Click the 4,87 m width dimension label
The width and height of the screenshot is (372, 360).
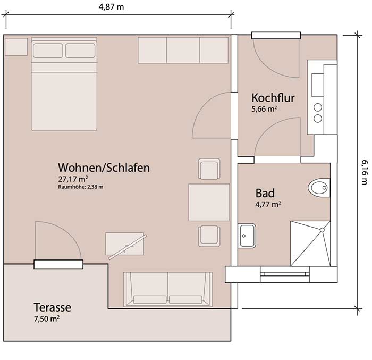click(x=111, y=7)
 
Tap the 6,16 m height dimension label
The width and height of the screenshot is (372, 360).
click(x=365, y=172)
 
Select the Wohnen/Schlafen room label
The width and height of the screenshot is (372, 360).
click(x=104, y=168)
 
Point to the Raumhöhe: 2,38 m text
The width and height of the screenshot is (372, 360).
click(x=81, y=187)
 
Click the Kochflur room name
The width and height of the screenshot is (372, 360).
click(x=273, y=98)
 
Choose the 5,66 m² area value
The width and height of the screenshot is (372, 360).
click(x=264, y=109)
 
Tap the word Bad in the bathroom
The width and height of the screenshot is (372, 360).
click(x=265, y=193)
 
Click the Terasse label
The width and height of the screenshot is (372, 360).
click(x=52, y=307)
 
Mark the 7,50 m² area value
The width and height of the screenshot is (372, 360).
click(x=47, y=319)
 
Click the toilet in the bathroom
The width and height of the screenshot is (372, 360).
click(x=319, y=188)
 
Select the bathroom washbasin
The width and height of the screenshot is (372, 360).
click(x=247, y=236)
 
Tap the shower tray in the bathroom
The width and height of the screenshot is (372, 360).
click(x=310, y=244)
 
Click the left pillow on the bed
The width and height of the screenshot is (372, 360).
click(x=48, y=51)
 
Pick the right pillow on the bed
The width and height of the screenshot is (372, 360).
click(x=80, y=51)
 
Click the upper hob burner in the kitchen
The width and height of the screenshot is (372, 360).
click(x=318, y=107)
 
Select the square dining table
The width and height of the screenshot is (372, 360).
click(x=209, y=202)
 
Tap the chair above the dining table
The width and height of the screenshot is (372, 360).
click(x=209, y=169)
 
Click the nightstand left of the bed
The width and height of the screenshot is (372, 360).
click(x=16, y=47)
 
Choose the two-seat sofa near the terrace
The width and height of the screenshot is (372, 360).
click(x=168, y=289)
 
